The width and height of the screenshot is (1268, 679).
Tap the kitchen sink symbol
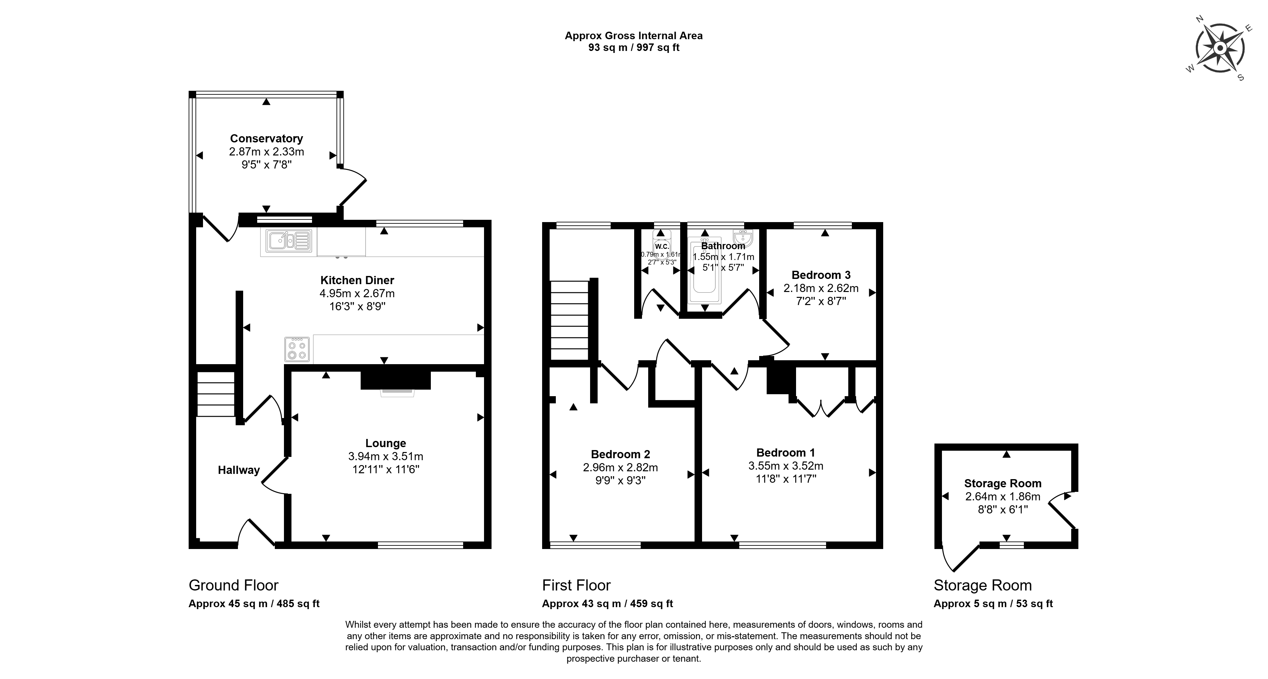click(x=289, y=241)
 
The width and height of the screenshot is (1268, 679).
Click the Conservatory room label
click(x=266, y=138)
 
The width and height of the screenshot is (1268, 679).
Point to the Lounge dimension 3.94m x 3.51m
click(x=385, y=457)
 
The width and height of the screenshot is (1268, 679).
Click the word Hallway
click(x=239, y=470)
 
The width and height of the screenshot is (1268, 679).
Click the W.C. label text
click(x=662, y=246)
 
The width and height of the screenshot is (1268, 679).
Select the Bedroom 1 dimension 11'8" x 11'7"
click(x=786, y=478)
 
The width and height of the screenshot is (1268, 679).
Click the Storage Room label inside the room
click(x=1003, y=483)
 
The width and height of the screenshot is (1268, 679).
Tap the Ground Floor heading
click(x=233, y=586)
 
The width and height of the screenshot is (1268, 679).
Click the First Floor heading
click(x=576, y=586)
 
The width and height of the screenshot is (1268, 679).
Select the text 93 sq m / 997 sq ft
click(x=634, y=48)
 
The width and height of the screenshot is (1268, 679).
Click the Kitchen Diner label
click(x=357, y=280)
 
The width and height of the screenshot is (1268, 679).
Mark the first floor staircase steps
click(x=570, y=320)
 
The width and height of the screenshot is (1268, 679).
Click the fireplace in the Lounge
click(x=396, y=381)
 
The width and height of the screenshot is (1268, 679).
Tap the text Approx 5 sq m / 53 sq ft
click(x=993, y=604)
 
